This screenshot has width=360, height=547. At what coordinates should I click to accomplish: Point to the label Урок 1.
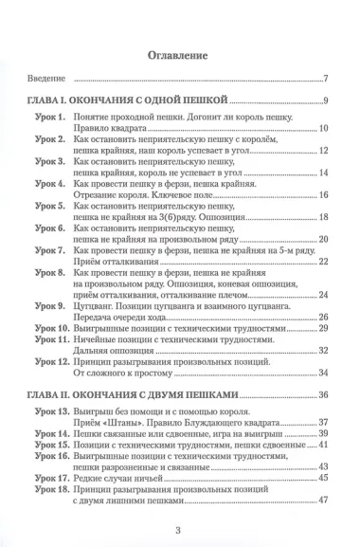click(49, 117)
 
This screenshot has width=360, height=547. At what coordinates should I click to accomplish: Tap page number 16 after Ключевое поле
click(322, 194)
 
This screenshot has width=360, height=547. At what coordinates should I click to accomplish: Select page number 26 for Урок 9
click(322, 317)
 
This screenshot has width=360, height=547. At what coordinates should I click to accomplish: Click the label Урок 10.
click(51, 328)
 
